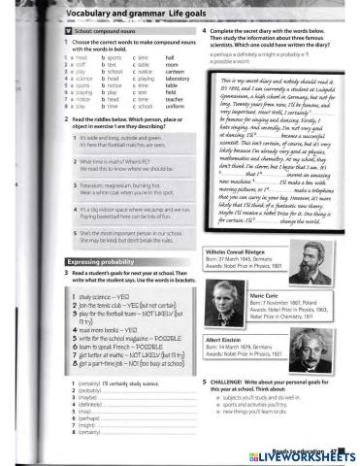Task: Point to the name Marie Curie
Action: (266, 292)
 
